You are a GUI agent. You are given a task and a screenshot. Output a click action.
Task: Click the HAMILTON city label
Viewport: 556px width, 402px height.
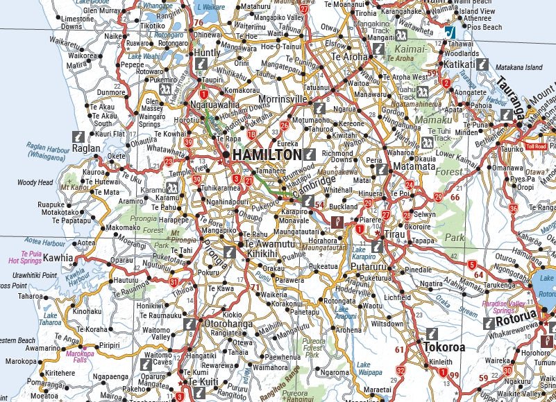pos(267,155)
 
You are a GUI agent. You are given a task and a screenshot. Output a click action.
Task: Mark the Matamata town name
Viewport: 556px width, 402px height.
pos(414,167)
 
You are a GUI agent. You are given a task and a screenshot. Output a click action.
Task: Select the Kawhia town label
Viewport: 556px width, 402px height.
pos(58,258)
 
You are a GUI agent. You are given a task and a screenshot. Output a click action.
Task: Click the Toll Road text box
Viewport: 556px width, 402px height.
pos(537,147)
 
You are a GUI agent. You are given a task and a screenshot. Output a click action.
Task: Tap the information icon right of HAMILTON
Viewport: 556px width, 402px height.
pos(311,155)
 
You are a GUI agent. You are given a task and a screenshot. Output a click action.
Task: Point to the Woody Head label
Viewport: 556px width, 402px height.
pos(35,183)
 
